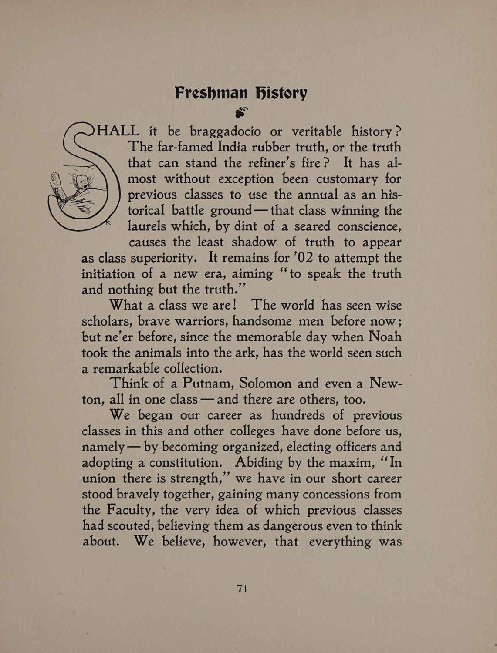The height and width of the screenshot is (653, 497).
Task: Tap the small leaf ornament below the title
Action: pos(241,112)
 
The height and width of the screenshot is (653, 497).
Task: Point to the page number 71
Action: pos(242,589)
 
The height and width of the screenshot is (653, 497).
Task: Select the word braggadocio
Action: pos(226,131)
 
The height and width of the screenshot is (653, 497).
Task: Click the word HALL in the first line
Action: pos(118,130)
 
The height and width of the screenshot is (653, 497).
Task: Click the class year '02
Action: pos(301,258)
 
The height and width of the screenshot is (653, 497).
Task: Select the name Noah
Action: pos(385,337)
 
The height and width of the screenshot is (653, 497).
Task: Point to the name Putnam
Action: pos(206,384)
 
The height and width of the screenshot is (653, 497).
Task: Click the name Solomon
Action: pos(266,384)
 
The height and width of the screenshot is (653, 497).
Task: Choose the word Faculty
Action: pos(129,510)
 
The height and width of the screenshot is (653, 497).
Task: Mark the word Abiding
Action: pos(260,462)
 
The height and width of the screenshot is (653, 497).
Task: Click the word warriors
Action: pos(184,321)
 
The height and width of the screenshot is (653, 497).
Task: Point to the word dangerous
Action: pos(289,526)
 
